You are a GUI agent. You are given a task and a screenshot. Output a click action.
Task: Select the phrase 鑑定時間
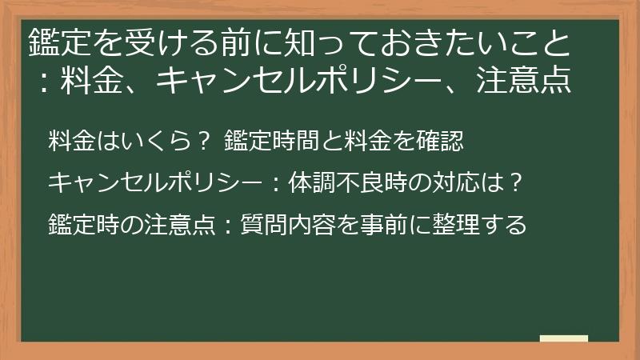(272, 141)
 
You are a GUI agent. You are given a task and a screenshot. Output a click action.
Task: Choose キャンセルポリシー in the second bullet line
(154, 182)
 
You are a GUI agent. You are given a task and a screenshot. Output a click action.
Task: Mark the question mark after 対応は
(516, 182)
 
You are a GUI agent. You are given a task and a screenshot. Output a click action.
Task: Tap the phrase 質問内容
(288, 225)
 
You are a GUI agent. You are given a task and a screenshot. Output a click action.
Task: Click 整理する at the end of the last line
(479, 225)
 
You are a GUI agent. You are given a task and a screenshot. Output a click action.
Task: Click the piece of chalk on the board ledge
(564, 338)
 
